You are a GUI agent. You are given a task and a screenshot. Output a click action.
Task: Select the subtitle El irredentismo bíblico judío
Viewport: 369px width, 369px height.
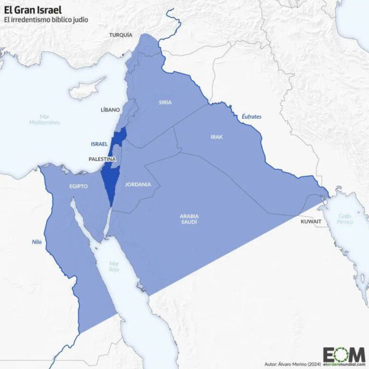46,20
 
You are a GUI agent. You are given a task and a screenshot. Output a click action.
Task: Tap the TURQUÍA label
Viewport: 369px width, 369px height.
120,35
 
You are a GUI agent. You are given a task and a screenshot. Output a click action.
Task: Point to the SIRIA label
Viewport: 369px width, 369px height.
165,102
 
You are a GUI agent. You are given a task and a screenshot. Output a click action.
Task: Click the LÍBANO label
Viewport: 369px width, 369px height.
110,109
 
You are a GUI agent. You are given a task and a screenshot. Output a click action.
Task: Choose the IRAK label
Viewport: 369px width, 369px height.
216,137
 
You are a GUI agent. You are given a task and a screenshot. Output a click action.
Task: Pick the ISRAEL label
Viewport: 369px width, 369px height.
99,144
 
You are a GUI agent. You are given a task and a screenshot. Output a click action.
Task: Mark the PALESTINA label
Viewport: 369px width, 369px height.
102,159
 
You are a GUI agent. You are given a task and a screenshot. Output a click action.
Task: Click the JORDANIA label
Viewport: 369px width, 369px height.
138,184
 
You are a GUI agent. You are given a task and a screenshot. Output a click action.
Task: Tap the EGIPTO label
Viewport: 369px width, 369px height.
78,186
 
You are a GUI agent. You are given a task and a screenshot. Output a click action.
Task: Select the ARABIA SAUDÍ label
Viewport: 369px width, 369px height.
189,219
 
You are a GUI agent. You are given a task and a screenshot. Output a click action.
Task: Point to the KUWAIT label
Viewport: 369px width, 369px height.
311,222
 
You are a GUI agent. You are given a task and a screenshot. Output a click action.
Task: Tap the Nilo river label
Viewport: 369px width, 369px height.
36,242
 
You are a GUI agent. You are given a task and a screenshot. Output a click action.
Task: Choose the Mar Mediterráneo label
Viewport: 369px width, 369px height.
44,119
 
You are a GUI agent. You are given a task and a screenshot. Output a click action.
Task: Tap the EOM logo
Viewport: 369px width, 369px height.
344,354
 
